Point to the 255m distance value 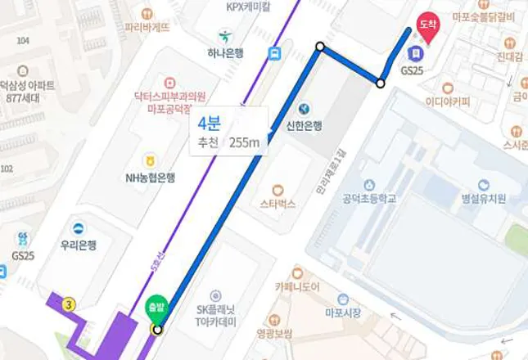(244, 142)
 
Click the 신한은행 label (304, 125)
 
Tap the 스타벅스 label (278, 204)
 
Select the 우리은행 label (79, 244)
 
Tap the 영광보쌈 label (274, 333)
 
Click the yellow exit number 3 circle (69, 304)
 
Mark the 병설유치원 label (484, 199)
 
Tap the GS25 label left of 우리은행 (22, 255)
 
